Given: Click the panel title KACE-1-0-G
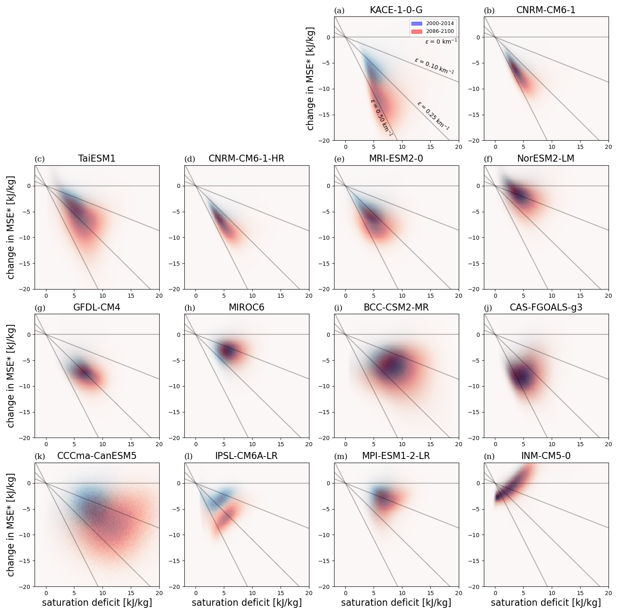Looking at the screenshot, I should click(396, 10).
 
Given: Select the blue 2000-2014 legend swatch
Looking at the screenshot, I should click(416, 23).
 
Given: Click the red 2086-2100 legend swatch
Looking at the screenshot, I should click(416, 31).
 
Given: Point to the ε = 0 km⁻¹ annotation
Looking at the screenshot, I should click(441, 42).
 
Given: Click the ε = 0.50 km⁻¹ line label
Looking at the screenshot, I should click(381, 118).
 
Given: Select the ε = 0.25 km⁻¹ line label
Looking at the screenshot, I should click(433, 116).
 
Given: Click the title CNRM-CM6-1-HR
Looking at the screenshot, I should click(246, 159).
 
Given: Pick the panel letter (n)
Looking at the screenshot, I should click(489, 456).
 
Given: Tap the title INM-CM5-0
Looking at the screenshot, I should click(546, 456).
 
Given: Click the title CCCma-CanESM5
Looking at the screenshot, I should click(97, 456).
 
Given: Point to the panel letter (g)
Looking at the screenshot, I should click(40, 308).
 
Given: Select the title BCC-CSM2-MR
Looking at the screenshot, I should click(396, 308).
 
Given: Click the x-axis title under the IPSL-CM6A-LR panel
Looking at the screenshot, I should click(246, 602).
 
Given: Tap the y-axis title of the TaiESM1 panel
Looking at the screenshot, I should click(11, 227).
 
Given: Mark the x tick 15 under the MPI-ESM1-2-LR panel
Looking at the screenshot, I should click(430, 593).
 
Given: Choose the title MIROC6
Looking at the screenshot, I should click(246, 308).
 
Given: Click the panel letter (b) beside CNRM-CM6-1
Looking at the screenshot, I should click(489, 11).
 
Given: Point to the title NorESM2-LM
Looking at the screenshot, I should click(546, 159).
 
